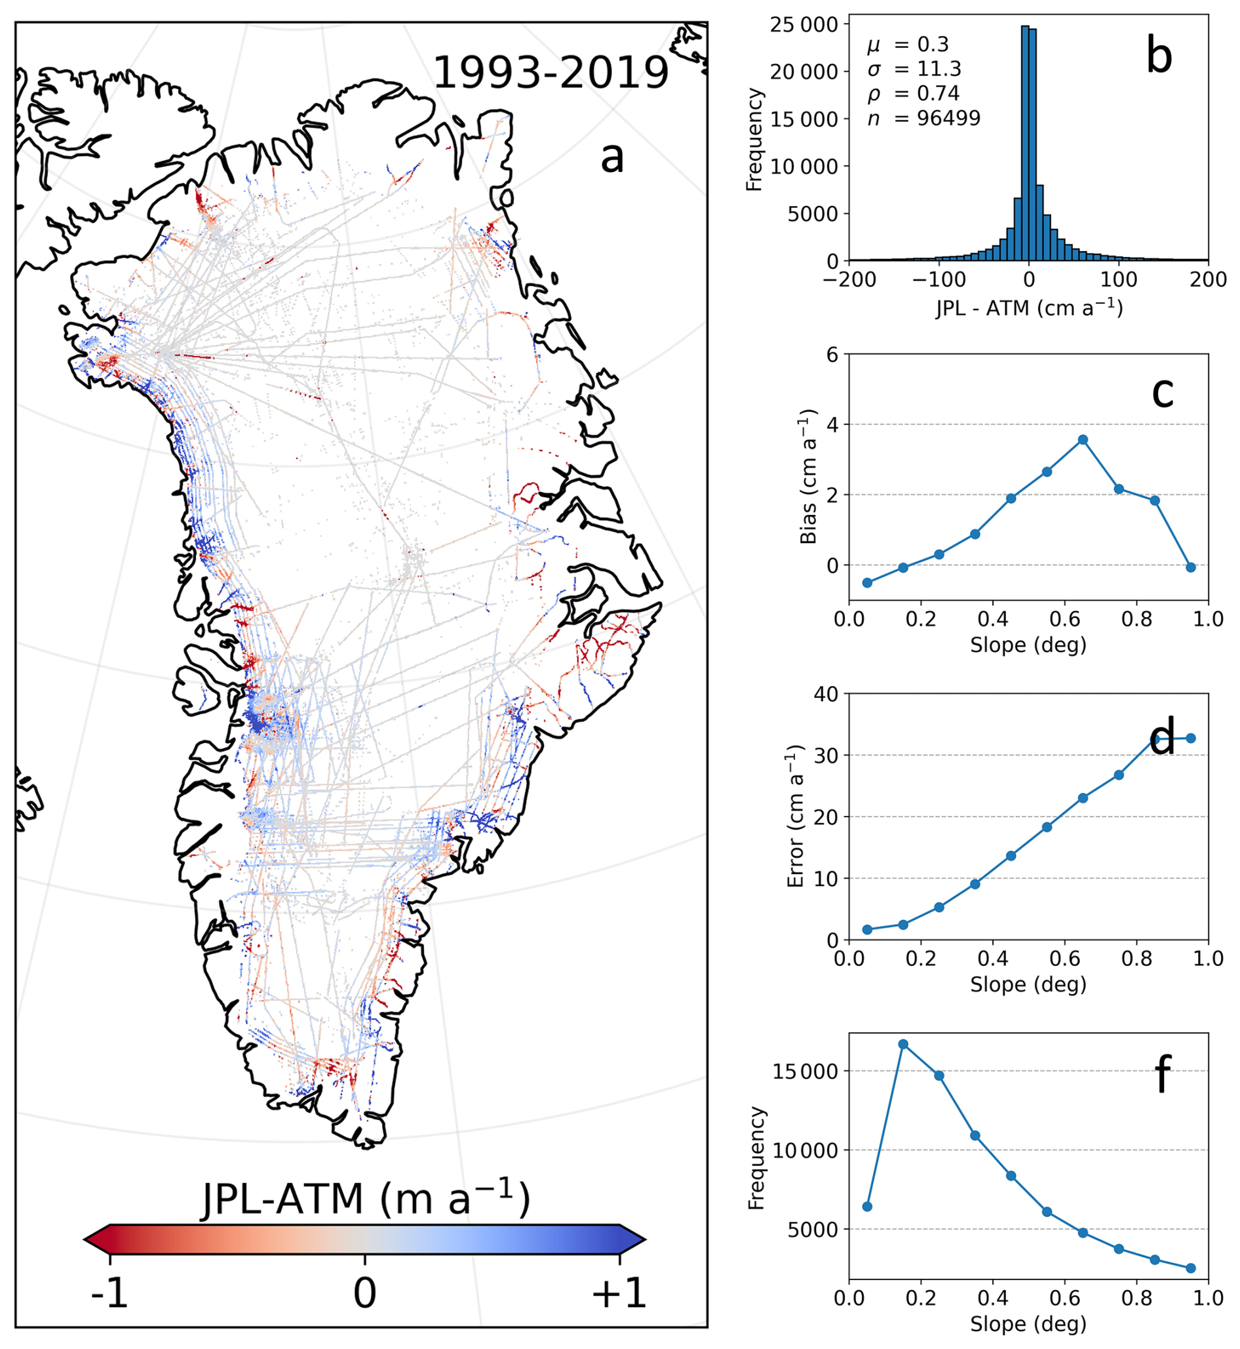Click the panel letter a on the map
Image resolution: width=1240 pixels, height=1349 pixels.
(611, 158)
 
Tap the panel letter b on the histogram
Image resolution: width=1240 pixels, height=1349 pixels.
(1159, 57)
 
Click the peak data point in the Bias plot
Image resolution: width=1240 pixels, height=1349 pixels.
(1083, 440)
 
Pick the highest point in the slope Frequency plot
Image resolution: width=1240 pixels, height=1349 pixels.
(903, 1044)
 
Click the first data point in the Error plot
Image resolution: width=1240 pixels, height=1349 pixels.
(867, 929)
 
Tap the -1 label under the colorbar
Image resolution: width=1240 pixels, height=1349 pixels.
(109, 1293)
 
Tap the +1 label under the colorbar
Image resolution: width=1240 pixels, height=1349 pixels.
(619, 1293)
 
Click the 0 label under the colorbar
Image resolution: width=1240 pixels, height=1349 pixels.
(364, 1293)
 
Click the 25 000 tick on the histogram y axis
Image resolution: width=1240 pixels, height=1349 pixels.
(804, 25)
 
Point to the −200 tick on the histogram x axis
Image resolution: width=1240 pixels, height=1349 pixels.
(849, 279)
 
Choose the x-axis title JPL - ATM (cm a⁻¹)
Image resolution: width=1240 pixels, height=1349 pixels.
(1029, 308)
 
